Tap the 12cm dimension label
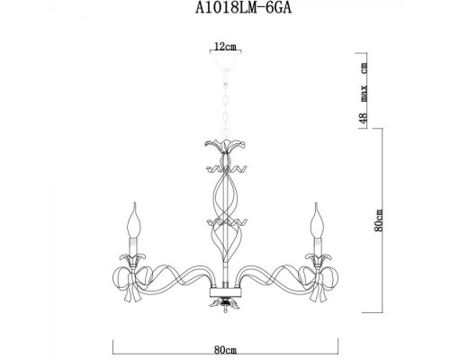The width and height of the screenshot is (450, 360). [225, 43]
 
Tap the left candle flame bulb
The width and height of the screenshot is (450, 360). [137, 216]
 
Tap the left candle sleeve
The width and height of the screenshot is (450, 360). [136, 242]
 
